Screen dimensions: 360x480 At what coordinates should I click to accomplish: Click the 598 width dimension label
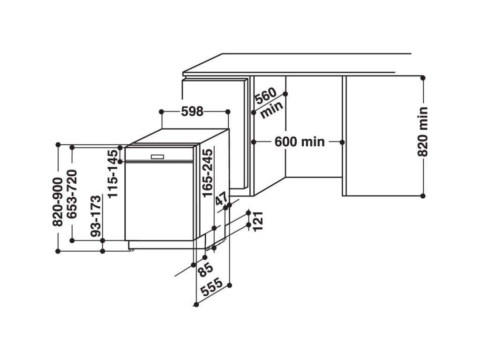(192, 112)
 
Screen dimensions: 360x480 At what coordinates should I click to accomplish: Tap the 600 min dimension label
(300, 142)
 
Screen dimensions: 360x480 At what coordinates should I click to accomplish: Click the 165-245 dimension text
(208, 171)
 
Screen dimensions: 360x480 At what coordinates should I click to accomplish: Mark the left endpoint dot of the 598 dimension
(161, 112)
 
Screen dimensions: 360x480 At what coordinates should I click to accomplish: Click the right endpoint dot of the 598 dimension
(228, 112)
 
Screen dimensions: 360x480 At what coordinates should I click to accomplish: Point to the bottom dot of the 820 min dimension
(423, 195)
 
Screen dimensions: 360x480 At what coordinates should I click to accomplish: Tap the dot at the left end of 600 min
(253, 142)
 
